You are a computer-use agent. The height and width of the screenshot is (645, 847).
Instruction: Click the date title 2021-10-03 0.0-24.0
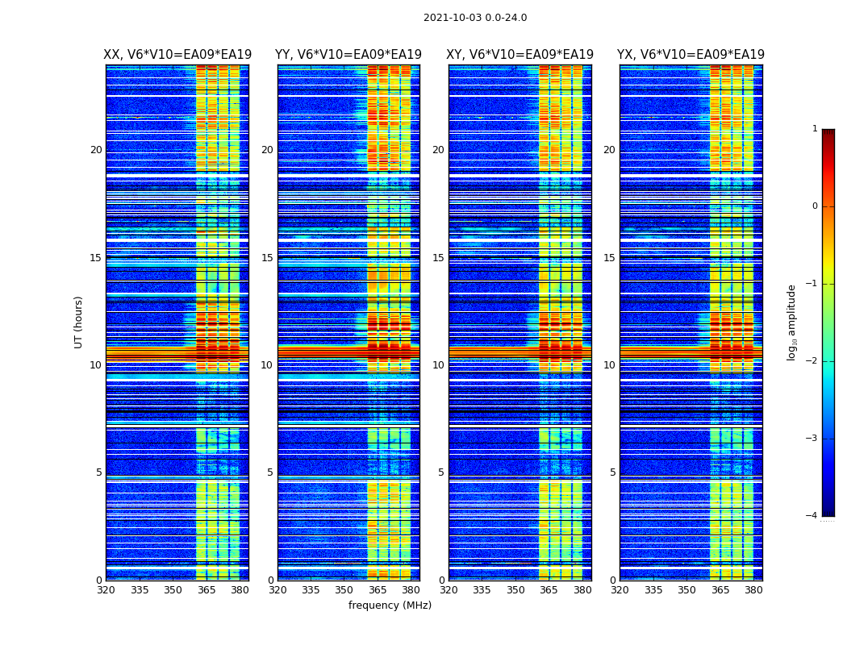(x=475, y=18)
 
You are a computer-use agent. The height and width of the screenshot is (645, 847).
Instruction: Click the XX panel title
(x=177, y=55)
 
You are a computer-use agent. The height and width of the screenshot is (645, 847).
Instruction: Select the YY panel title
(x=348, y=55)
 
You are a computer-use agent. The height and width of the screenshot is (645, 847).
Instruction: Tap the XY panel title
(x=519, y=55)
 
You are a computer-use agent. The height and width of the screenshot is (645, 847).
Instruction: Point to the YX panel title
(x=691, y=55)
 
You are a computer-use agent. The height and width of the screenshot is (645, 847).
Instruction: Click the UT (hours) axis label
(x=79, y=322)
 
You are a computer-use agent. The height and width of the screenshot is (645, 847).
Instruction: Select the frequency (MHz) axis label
(x=390, y=605)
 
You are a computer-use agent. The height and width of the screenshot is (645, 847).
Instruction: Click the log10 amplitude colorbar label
(x=792, y=322)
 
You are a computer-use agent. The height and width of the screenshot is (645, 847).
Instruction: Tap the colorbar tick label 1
(x=815, y=129)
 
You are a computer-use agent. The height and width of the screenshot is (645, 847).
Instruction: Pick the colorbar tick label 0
(x=815, y=206)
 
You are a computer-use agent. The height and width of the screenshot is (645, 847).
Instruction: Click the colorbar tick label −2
(x=812, y=361)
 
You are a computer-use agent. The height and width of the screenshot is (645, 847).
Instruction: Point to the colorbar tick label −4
(x=812, y=516)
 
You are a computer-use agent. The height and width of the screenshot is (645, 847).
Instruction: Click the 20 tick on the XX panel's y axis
(x=96, y=150)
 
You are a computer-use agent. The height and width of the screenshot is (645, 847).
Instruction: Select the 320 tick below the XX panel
(x=106, y=590)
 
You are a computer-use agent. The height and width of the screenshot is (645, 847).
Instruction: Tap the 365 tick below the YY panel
(x=378, y=590)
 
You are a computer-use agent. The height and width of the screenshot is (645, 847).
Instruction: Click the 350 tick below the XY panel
(x=515, y=590)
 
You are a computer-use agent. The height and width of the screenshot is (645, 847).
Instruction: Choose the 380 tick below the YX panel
(x=753, y=590)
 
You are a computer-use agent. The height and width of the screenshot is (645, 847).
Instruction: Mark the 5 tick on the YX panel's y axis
(x=612, y=472)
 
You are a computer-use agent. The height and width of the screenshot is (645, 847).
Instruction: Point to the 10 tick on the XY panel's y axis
(x=438, y=365)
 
